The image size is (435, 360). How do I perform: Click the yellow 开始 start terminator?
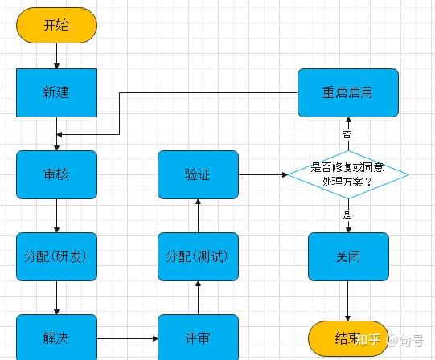[56, 25]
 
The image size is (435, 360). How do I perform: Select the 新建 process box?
[56, 92]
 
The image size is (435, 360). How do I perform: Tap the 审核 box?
[56, 174]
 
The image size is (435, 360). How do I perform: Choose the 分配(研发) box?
[56, 256]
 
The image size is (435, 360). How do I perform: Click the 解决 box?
[56, 337]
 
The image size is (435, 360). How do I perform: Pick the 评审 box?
[198, 337]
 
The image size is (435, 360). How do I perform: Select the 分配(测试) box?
[198, 256]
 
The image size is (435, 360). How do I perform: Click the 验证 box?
[198, 174]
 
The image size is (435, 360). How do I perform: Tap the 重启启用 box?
[347, 92]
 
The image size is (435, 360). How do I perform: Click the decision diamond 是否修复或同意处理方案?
[347, 174]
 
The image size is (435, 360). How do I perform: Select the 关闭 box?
[348, 256]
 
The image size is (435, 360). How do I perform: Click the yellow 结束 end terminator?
[347, 338]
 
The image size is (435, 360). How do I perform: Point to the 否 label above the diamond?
[347, 134]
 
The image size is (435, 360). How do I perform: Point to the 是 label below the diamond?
[347, 215]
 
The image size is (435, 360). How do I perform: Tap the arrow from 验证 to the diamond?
[262, 174]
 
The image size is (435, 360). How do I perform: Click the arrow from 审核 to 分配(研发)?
[56, 215]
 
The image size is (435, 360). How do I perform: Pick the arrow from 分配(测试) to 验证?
[198, 215]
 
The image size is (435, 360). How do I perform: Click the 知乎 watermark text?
[369, 340]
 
